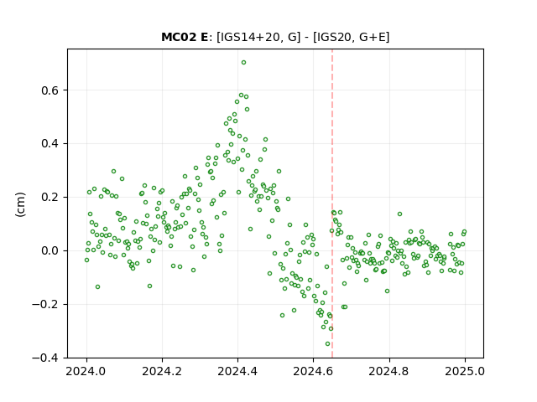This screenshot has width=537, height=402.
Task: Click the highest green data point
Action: pos(243,63)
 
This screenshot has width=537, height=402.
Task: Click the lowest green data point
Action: pos(328,344)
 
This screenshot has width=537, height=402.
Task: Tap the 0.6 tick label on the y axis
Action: pos(50,90)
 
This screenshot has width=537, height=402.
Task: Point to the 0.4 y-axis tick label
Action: pos(50,144)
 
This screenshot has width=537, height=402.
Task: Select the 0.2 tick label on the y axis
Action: pos(50,198)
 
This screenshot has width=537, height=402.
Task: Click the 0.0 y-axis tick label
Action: pos(50,251)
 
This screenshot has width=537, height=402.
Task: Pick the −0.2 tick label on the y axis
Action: pos(46,305)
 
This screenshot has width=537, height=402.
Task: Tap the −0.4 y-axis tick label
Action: pos(46,358)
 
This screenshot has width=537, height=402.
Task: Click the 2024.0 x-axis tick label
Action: pos(86,372)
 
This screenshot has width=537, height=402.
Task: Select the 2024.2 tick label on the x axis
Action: pos(162,372)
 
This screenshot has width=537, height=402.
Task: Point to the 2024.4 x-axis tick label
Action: pos(237,372)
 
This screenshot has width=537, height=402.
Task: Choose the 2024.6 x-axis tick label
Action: pos(313,372)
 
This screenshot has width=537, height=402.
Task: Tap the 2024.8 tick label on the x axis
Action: pos(388,372)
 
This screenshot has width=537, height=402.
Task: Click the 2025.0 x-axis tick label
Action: pos(465,372)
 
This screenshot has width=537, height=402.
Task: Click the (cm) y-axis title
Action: pos(20,204)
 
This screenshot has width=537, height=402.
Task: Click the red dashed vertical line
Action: pos(332,204)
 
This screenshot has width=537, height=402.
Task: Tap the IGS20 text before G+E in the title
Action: pos(334,37)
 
